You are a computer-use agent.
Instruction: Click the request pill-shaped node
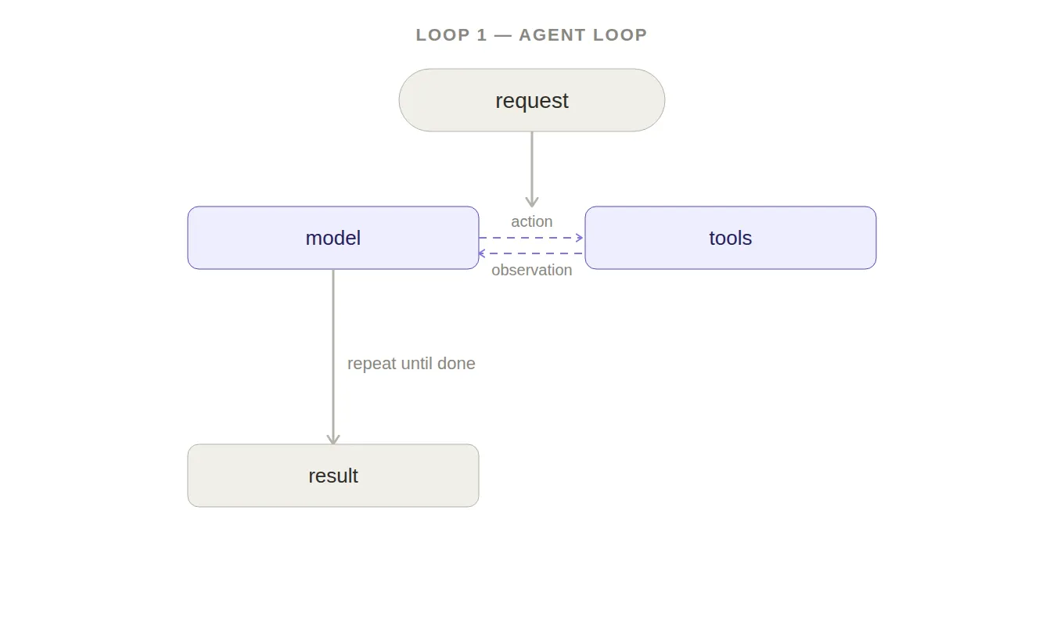(531, 100)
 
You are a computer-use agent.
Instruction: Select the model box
(333, 238)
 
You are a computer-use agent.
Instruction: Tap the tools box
(731, 238)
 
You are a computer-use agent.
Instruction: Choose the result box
(333, 476)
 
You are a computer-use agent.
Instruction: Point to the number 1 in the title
(482, 35)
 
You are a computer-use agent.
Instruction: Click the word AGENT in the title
(552, 35)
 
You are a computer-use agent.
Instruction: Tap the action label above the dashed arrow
(531, 221)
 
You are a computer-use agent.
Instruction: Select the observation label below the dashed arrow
(531, 270)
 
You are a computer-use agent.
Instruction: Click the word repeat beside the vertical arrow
(372, 364)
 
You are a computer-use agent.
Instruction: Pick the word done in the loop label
(456, 363)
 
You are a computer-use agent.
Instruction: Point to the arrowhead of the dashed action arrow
(580, 238)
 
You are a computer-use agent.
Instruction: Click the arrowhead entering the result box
(333, 439)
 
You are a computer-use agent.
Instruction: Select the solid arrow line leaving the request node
(531, 170)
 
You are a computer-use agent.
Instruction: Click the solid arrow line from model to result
(333, 357)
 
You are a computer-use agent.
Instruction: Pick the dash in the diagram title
(503, 36)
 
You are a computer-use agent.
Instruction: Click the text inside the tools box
(731, 238)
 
